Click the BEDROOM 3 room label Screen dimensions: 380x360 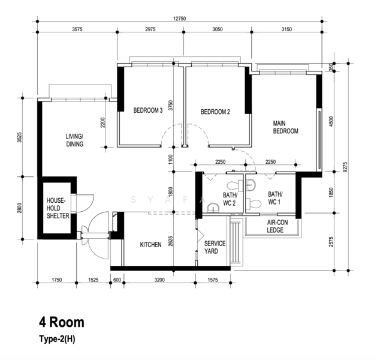[x=148, y=110]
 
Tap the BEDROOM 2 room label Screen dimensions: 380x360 [x=215, y=112]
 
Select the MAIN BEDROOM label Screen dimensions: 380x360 [x=285, y=127]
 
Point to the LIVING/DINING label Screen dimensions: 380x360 [x=75, y=140]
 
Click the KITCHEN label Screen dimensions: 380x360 [x=150, y=245]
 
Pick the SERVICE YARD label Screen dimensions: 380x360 [x=215, y=247]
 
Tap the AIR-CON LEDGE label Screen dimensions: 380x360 [x=278, y=226]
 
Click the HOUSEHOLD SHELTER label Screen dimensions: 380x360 [x=58, y=208]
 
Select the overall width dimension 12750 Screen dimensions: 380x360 [x=179, y=19]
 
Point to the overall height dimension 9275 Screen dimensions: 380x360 [x=345, y=167]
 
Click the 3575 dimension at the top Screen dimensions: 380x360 [x=77, y=29]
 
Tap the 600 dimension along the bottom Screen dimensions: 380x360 [x=117, y=280]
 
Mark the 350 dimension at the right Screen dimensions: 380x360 [x=331, y=67]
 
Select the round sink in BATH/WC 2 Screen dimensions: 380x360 [x=213, y=208]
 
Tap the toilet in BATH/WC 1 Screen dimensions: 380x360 [x=254, y=203]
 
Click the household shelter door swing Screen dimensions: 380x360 [x=85, y=203]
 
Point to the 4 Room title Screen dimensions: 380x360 [x=62, y=322]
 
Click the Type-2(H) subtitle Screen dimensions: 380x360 [x=57, y=339]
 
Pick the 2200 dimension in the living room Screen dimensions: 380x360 [x=102, y=123]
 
